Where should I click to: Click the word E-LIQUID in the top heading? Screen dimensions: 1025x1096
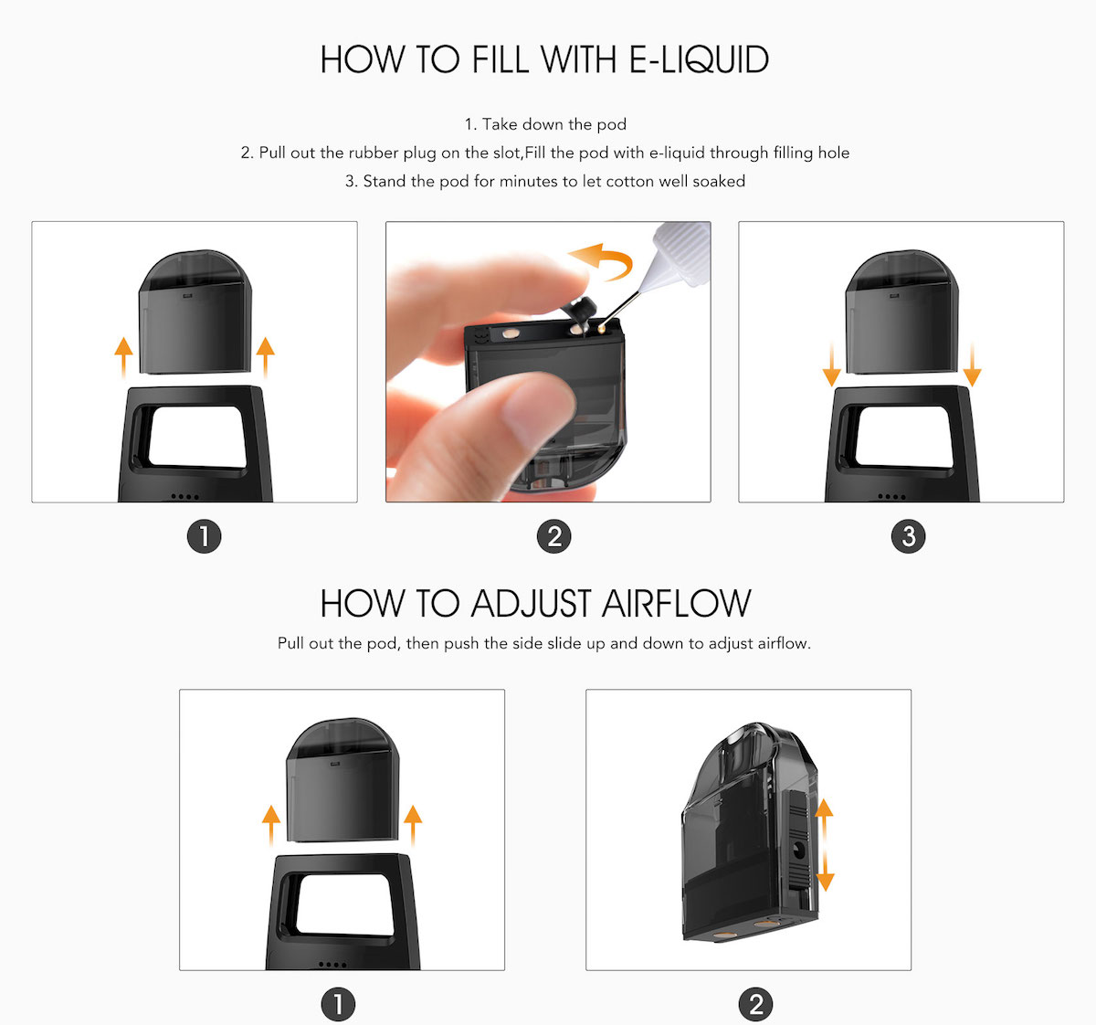(699, 60)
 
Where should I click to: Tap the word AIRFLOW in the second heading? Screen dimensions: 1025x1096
(675, 604)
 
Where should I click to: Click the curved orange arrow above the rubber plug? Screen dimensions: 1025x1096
(600, 261)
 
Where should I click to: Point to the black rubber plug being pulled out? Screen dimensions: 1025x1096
(577, 309)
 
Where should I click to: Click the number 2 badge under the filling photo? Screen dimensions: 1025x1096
(554, 536)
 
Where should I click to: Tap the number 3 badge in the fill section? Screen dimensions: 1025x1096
(908, 536)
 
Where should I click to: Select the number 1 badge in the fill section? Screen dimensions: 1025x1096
(204, 536)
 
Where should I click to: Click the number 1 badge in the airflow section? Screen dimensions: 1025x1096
(338, 1005)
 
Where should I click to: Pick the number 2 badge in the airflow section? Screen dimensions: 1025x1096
(755, 1005)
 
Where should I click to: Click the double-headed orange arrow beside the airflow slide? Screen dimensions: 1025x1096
(825, 845)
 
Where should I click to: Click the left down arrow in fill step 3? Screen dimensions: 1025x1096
(831, 365)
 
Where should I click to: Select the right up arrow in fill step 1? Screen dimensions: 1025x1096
(266, 356)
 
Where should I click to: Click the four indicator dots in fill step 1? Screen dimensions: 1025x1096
(184, 497)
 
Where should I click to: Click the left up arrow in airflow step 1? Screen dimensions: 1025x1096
(271, 825)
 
